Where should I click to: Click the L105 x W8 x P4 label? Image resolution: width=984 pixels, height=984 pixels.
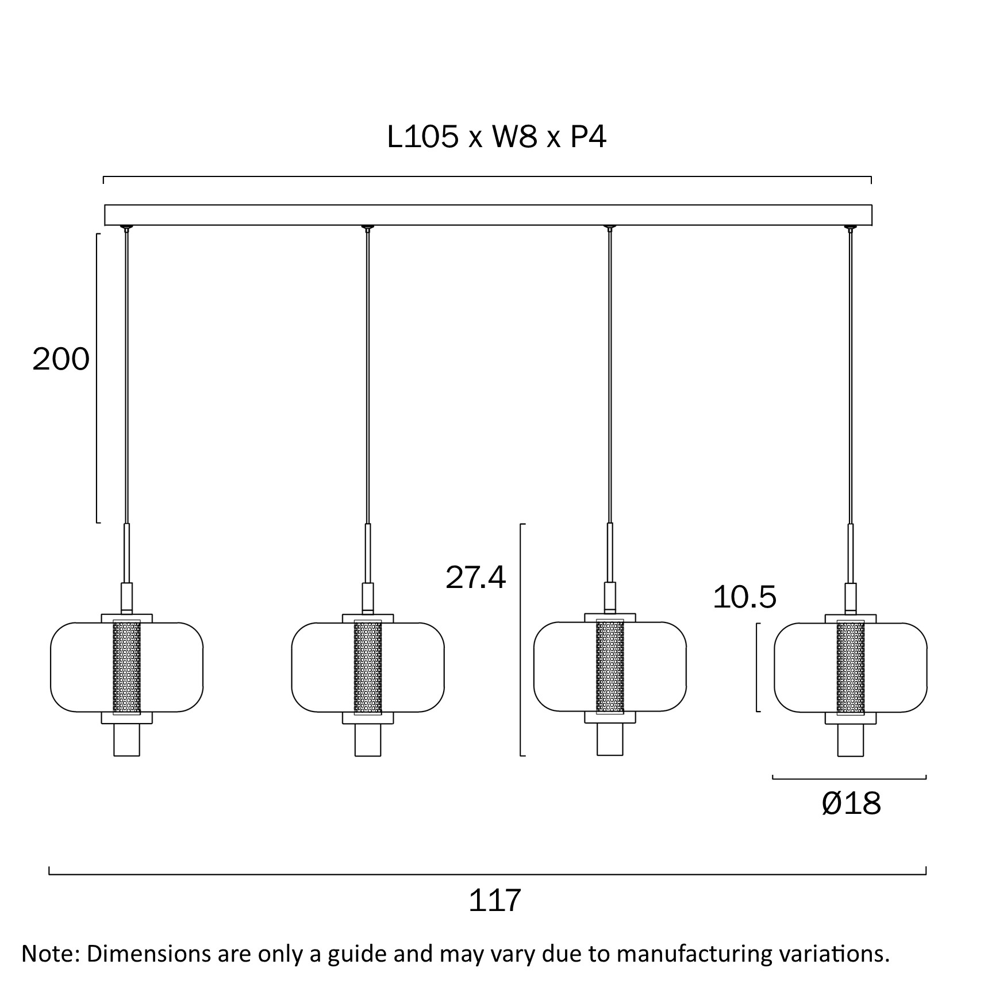[x=497, y=137]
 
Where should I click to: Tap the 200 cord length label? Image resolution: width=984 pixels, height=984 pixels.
[x=61, y=360]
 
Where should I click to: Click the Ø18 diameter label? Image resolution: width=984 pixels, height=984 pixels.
[x=851, y=803]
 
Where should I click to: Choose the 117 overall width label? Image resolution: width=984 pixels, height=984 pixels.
[x=495, y=900]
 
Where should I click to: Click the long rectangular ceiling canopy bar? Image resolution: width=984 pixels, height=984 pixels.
[x=488, y=215]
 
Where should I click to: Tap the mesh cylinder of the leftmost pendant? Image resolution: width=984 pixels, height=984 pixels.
[x=127, y=667]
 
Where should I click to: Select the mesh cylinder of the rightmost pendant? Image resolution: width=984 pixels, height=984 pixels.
[x=851, y=667]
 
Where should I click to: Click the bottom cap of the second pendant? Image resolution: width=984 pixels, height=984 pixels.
[x=368, y=740]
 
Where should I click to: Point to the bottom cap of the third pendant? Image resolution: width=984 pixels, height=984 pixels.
[x=610, y=740]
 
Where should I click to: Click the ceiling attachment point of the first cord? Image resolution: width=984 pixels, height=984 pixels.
[x=126, y=228]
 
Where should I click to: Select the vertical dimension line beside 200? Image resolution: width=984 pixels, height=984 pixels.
[x=97, y=378]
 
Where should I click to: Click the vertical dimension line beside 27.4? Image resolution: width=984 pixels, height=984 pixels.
[x=521, y=640]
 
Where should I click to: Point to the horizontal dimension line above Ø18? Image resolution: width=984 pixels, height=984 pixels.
[x=849, y=779]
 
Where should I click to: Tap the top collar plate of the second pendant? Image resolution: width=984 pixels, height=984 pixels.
[x=368, y=618]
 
